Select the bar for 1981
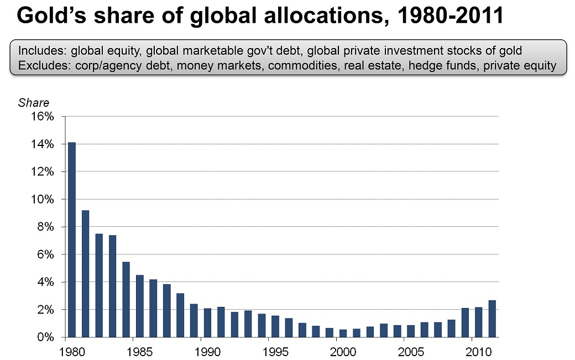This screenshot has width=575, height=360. pos(85,274)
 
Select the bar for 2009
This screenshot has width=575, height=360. pos(465,322)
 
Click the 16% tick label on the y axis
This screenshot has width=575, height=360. pos(43,117)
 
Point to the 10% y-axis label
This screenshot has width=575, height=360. pos(43,199)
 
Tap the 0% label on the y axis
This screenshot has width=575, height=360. pos(45,337)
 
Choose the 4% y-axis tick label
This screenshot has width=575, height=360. pos(45,282)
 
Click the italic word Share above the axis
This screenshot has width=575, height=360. pos(34,103)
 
